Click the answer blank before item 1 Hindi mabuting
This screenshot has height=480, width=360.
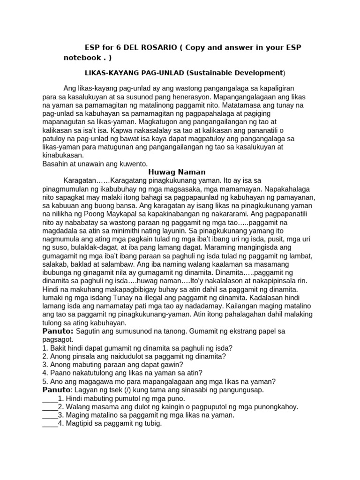pos(49,398)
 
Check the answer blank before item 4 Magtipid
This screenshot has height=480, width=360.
pos(49,424)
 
